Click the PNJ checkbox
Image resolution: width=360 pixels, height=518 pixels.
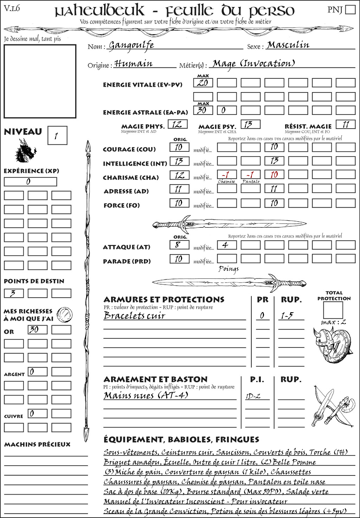[x=350, y=9]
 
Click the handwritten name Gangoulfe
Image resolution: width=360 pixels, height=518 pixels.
[x=131, y=45]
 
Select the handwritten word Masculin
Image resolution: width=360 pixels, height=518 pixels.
[x=288, y=45]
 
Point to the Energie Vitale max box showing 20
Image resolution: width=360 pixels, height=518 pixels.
[x=203, y=83]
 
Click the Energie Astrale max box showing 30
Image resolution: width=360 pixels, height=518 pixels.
[x=203, y=110]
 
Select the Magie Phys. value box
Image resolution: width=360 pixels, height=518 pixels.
[x=178, y=124]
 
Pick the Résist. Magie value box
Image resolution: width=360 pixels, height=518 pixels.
[x=346, y=124]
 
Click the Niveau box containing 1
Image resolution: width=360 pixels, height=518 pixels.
[x=57, y=136]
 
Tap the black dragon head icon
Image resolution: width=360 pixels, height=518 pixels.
[x=25, y=151]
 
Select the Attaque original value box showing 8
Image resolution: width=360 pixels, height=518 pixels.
[x=179, y=245]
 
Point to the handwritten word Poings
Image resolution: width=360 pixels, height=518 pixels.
[x=229, y=269]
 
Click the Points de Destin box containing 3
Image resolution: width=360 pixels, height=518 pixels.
[x=14, y=293]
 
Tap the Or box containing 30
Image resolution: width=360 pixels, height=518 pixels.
[x=37, y=330]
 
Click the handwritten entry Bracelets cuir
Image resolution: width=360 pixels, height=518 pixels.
[x=134, y=315]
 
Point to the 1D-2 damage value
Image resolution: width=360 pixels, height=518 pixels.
[x=253, y=396]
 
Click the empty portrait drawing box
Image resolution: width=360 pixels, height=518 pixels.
[x=40, y=81]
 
